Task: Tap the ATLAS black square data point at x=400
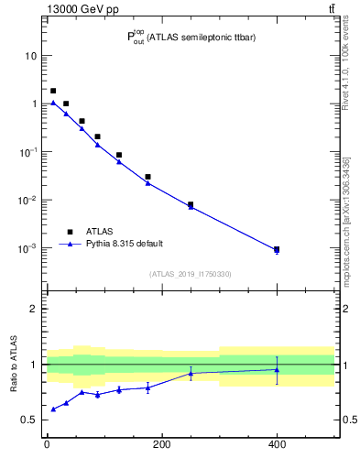pyautogui.click(x=277, y=249)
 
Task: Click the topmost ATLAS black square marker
pyautogui.click(x=53, y=91)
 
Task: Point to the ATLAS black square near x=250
pyautogui.click(x=191, y=205)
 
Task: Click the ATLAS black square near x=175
pyautogui.click(x=147, y=177)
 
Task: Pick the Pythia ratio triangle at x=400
pyautogui.click(x=277, y=370)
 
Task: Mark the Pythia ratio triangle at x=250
pyautogui.click(x=191, y=374)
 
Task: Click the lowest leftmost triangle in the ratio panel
pyautogui.click(x=53, y=409)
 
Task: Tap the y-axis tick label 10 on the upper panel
pyautogui.click(x=31, y=56)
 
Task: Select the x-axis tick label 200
pyautogui.click(x=161, y=445)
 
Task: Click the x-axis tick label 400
pyautogui.click(x=277, y=445)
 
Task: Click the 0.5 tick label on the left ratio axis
pyautogui.click(x=29, y=420)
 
